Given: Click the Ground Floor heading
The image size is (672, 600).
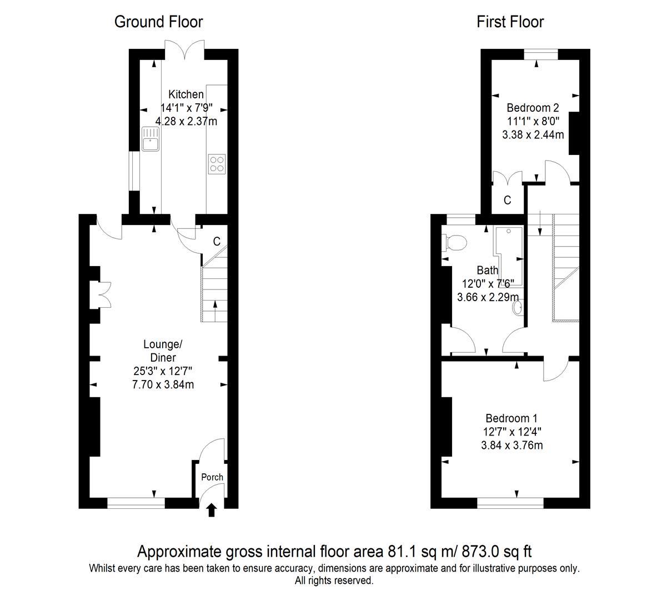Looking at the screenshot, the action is click(x=158, y=22).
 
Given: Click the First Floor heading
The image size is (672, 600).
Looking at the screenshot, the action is click(x=510, y=22).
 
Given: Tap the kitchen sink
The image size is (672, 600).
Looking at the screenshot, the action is click(x=151, y=139).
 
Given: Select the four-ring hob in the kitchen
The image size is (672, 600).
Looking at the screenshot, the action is click(x=217, y=164).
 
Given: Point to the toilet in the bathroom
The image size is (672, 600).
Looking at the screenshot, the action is click(x=454, y=243).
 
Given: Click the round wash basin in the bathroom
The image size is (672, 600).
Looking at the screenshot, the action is click(x=518, y=308).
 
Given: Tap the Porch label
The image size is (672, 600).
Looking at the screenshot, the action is click(x=212, y=477).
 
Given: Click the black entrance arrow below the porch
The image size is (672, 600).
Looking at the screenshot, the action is click(x=212, y=511).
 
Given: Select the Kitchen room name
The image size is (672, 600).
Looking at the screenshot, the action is click(x=186, y=94).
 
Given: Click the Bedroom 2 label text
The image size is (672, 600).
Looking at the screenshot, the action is click(x=533, y=108).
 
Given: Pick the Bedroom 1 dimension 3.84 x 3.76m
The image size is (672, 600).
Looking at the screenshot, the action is click(x=512, y=446).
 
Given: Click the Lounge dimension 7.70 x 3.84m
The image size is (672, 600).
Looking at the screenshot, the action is click(x=163, y=384).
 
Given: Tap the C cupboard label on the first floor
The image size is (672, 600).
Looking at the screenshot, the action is click(x=507, y=200).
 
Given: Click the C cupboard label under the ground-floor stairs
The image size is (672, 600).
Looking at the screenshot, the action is click(x=217, y=241).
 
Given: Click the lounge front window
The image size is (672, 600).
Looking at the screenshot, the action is click(x=136, y=503).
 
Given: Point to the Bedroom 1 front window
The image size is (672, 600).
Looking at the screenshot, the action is click(x=510, y=503).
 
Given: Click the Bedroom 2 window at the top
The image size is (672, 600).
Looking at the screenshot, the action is click(x=541, y=54).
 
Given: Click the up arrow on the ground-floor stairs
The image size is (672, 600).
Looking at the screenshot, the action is click(x=215, y=311).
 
